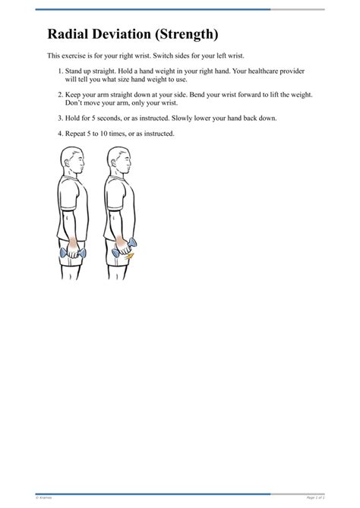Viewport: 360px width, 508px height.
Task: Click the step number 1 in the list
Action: tap(59, 71)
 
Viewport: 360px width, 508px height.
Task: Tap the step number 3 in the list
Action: tap(59, 118)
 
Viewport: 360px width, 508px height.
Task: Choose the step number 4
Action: tap(59, 134)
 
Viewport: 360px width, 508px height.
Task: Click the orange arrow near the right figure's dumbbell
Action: tap(130, 257)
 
